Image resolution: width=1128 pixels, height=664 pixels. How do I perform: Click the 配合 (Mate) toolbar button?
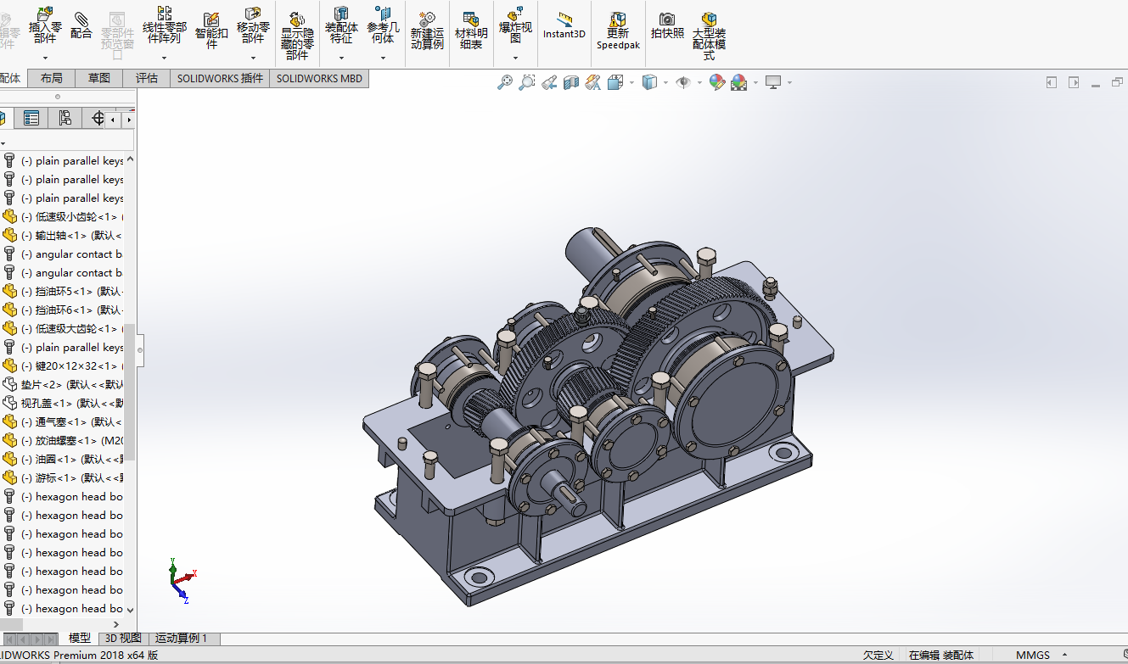[81, 25]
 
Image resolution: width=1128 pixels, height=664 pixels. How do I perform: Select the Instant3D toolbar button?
[564, 25]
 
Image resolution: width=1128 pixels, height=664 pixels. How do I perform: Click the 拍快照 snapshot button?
[667, 25]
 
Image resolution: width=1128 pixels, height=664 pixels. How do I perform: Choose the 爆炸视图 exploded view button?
[515, 25]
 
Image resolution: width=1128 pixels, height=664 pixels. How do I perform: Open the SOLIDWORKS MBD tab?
[319, 78]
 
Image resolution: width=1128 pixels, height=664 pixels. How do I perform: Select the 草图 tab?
[99, 78]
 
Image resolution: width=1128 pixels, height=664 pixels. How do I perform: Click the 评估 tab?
[147, 78]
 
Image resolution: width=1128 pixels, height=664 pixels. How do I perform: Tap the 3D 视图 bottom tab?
[123, 639]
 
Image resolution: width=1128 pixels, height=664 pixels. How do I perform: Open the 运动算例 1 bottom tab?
[181, 639]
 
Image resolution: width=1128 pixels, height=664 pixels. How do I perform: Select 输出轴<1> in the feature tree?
[72, 236]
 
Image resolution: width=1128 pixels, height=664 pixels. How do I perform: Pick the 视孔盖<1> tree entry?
[72, 404]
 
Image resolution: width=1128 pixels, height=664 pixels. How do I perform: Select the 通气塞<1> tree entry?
[72, 422]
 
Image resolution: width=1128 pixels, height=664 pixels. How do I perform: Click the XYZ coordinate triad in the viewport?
[181, 580]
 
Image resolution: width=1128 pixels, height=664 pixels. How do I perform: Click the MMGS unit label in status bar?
[1032, 655]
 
